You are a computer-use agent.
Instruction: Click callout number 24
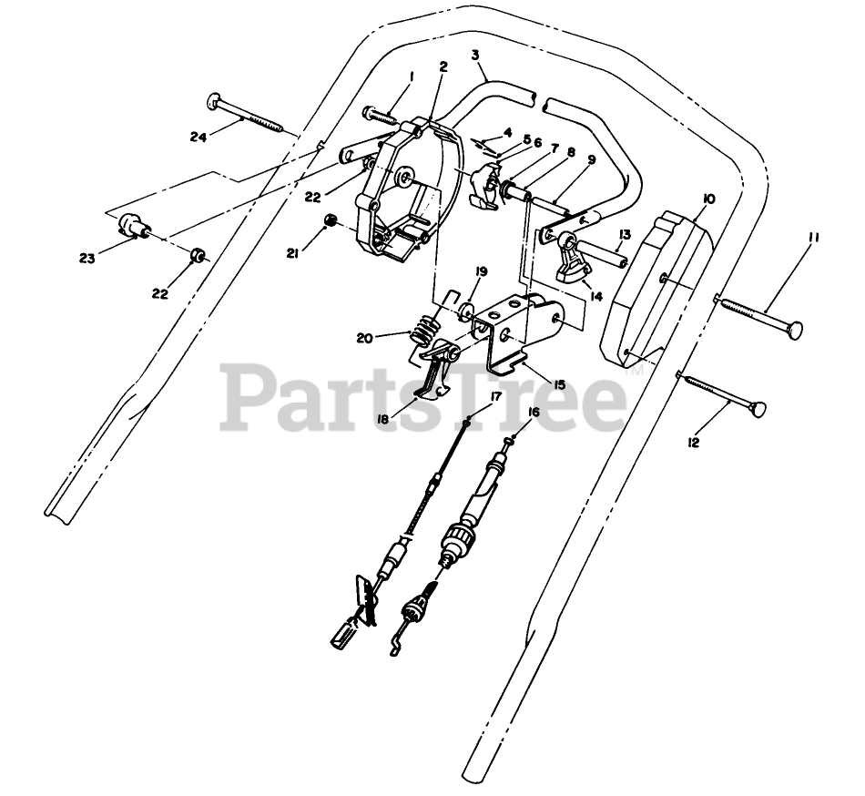click(x=199, y=138)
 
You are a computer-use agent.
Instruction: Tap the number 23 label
click(x=86, y=259)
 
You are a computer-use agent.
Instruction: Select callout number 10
click(x=709, y=198)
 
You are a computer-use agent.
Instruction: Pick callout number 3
click(x=474, y=55)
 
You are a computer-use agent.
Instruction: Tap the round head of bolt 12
click(x=758, y=408)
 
